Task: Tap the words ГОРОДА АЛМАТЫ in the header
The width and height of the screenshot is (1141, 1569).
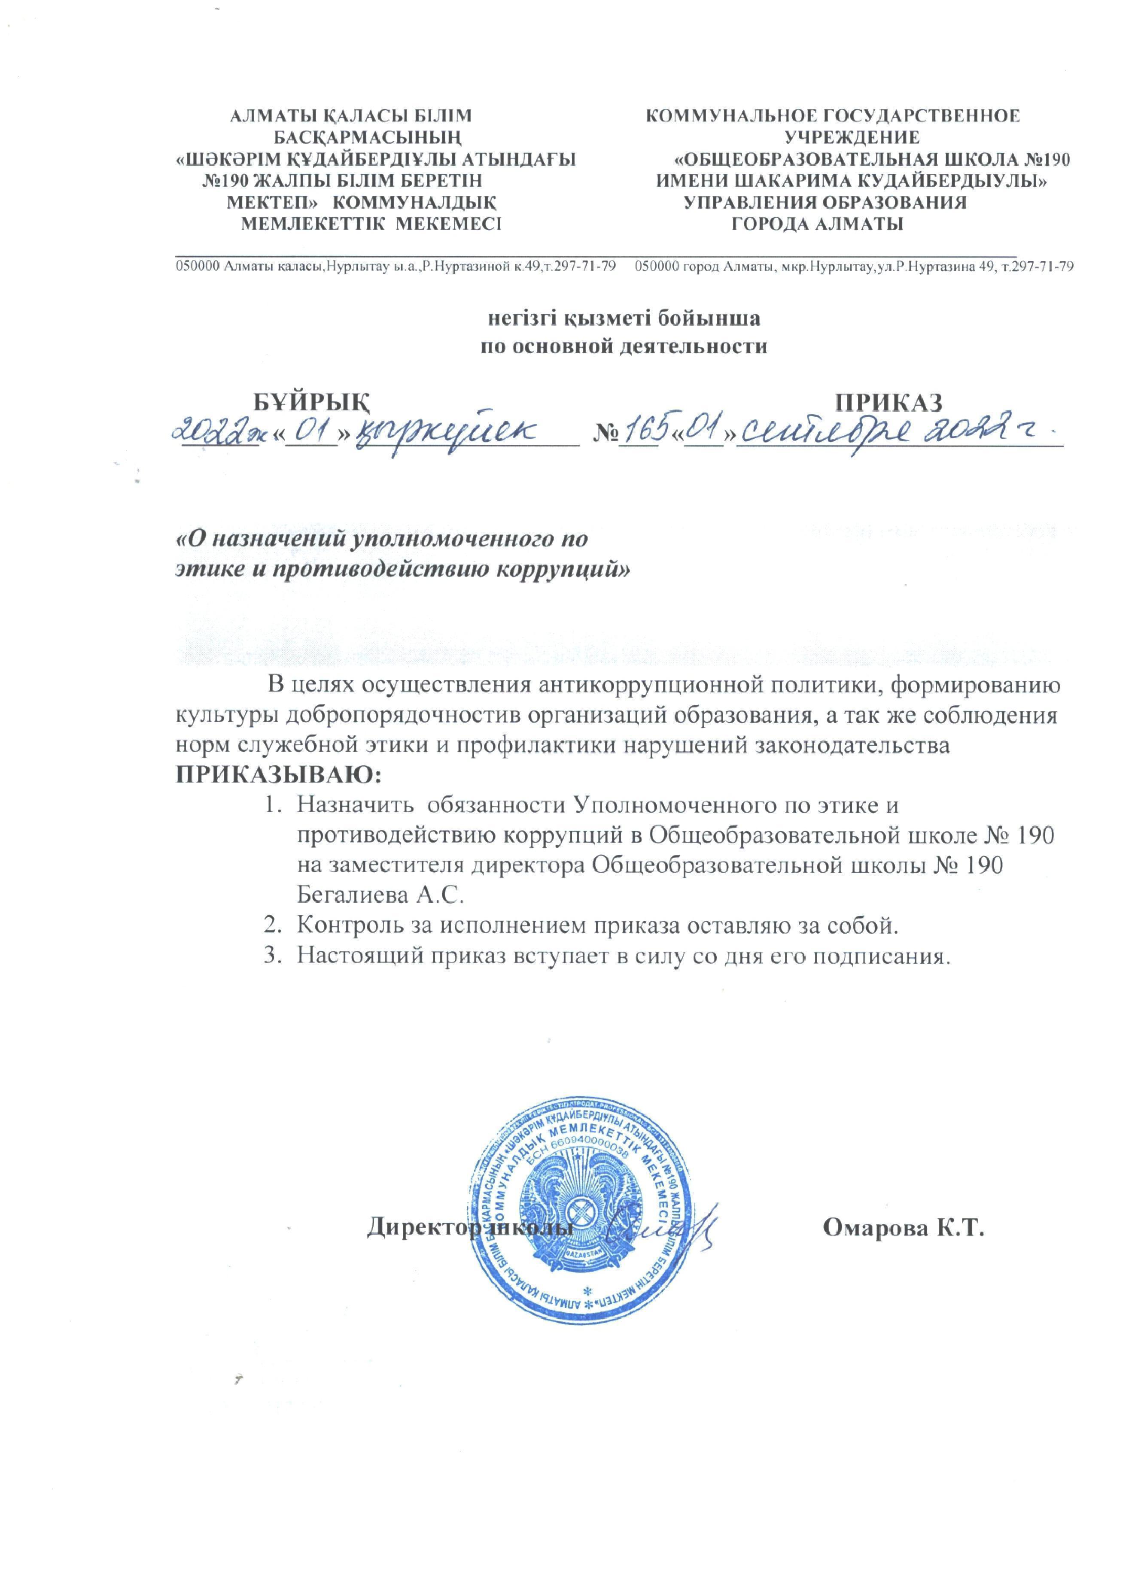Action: (818, 224)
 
